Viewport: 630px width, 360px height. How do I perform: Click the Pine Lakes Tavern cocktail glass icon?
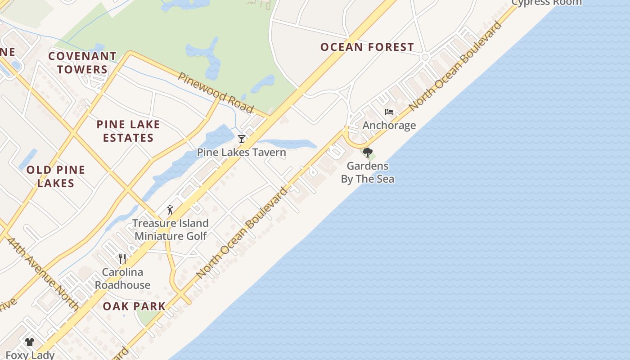coord(242,139)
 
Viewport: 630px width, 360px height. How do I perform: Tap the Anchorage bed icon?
coord(389,112)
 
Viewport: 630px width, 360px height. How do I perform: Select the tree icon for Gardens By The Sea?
coord(368,153)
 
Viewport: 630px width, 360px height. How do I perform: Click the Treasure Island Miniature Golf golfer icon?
coord(170,210)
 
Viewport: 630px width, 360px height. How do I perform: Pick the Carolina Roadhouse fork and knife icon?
coord(122,258)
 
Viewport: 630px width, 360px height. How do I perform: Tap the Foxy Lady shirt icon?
coord(30,342)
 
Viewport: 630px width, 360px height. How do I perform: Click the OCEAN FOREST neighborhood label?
coord(367,47)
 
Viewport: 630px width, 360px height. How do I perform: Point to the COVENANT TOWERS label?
coord(82,63)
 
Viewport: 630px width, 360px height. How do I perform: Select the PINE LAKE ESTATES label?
coord(128,131)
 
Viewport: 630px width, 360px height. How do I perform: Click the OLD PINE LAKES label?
coord(56,176)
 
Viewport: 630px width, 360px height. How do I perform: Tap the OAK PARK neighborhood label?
coord(134,306)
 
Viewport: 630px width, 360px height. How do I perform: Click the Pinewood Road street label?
coord(216,92)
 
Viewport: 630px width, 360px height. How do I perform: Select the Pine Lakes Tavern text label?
coord(242,152)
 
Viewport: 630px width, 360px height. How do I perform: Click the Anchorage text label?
coord(389,125)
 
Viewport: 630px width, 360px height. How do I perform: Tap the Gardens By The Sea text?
coord(368,172)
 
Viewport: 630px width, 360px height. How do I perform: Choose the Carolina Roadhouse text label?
coord(122,279)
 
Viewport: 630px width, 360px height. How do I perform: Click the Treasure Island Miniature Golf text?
coord(171,229)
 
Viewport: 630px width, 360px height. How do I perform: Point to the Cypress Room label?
coord(547,3)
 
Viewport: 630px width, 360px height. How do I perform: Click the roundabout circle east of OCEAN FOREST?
coord(425,57)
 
